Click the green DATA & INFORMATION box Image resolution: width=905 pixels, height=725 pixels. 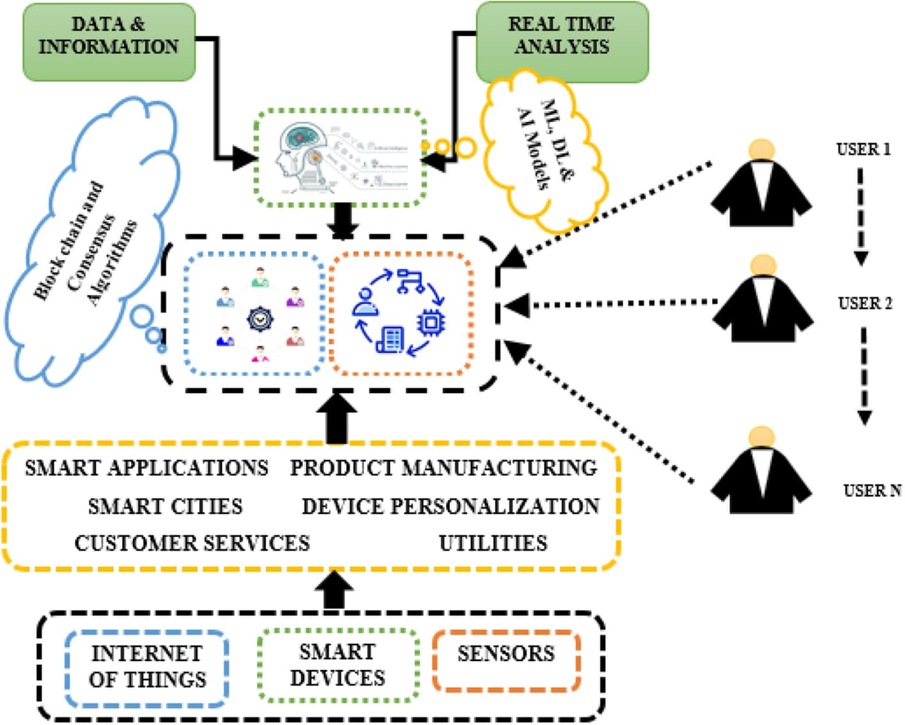(x=109, y=42)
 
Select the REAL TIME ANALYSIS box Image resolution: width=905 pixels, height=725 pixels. (x=562, y=42)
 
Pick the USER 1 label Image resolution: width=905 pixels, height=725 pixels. (x=863, y=150)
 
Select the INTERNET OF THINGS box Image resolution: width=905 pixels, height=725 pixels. (x=147, y=666)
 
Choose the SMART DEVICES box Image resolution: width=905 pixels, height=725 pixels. (x=337, y=665)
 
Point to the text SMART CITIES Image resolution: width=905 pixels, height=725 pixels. (x=165, y=506)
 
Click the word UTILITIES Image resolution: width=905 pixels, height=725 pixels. (x=493, y=543)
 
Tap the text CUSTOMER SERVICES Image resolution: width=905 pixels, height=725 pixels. (x=192, y=543)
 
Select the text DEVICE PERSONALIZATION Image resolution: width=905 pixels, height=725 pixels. (x=451, y=506)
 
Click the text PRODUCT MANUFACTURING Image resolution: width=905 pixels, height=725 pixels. (x=444, y=467)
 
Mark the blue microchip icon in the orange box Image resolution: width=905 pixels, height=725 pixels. (x=431, y=322)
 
